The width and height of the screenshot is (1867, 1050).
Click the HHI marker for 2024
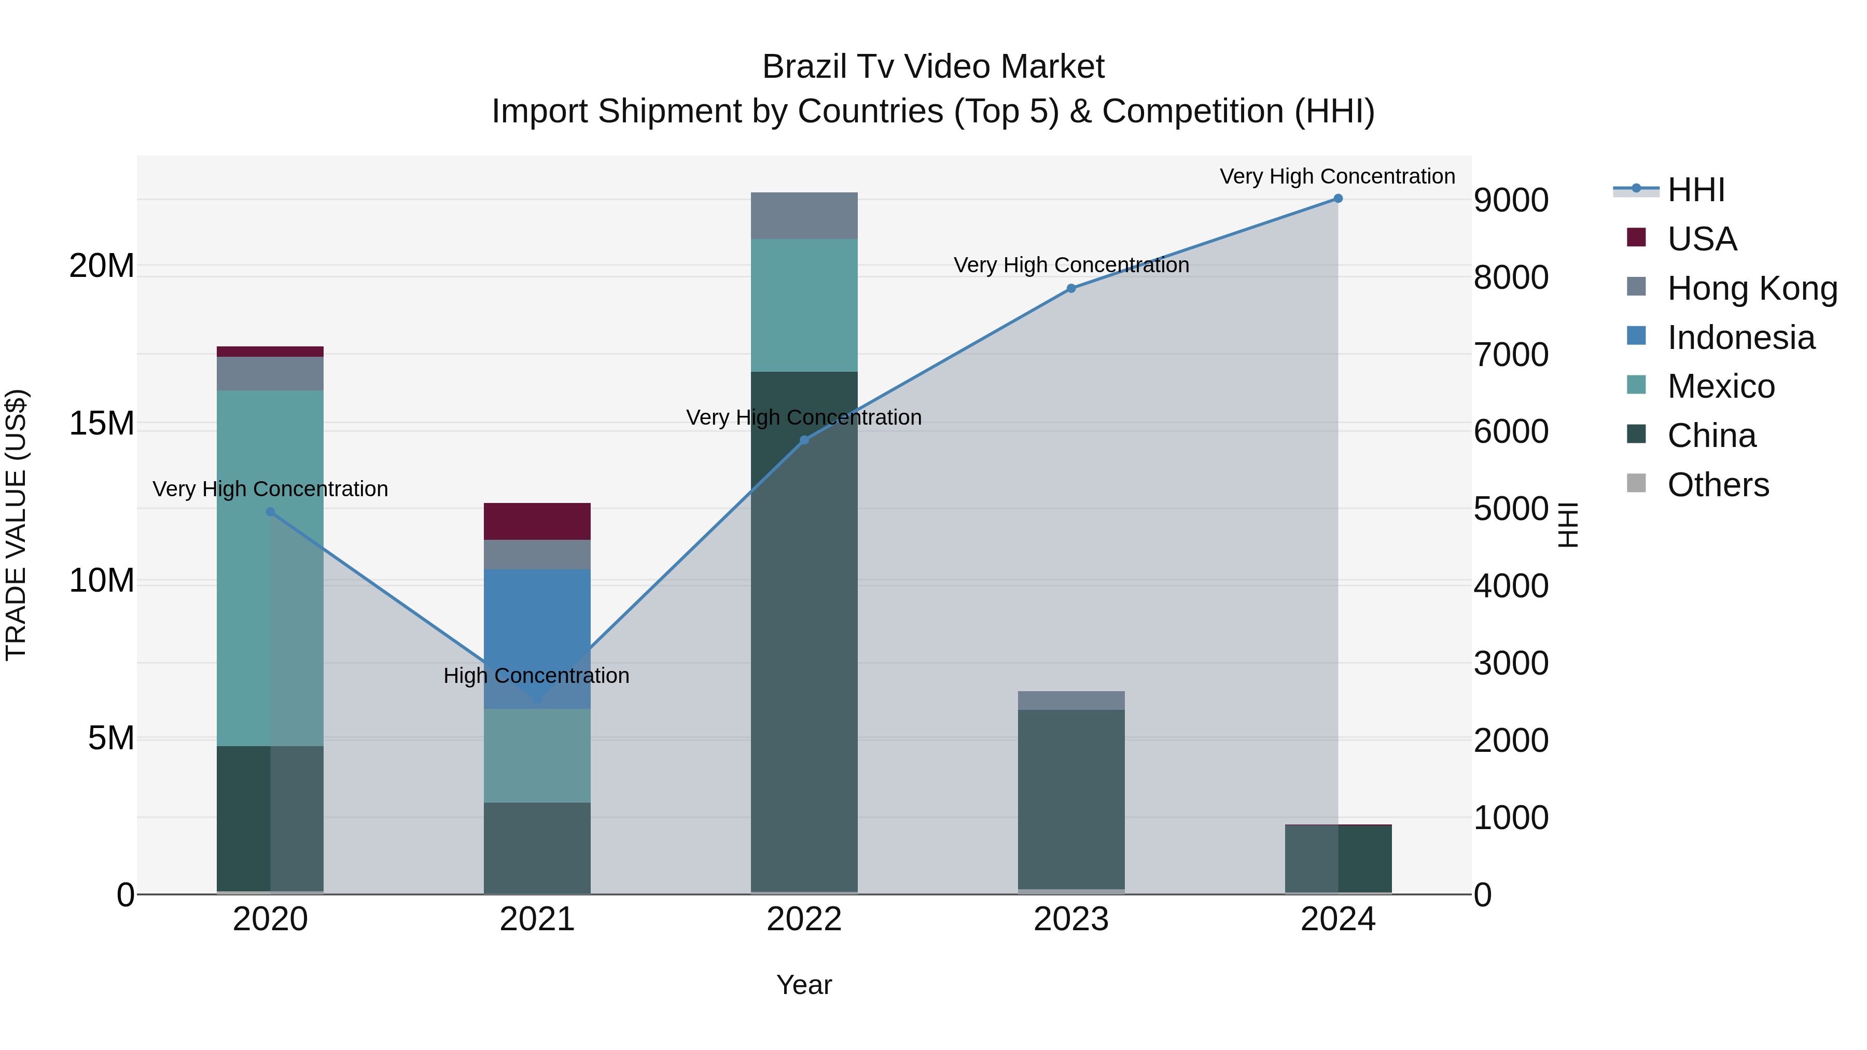(1338, 199)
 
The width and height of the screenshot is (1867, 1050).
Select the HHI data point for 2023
(1071, 288)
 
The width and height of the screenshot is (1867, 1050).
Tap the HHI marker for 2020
(270, 512)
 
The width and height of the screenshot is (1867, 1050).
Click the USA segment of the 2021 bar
(537, 521)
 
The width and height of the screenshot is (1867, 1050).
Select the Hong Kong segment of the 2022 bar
(804, 216)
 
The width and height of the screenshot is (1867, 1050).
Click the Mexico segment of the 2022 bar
(804, 305)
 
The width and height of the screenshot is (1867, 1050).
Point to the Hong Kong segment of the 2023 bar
(1071, 700)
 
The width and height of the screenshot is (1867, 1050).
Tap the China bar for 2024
(1338, 859)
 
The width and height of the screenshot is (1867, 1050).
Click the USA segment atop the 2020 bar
(270, 352)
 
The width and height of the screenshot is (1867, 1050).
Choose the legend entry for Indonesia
(1739, 338)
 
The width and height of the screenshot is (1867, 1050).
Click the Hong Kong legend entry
(1750, 288)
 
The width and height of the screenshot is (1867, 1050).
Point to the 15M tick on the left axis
(102, 423)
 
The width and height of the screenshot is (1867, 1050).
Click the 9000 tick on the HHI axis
(1511, 200)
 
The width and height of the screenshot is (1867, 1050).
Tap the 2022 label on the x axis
(804, 919)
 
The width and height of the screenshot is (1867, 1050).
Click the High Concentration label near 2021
(536, 675)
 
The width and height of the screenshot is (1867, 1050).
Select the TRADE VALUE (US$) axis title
(17, 525)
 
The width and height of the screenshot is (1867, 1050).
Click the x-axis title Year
(804, 985)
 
